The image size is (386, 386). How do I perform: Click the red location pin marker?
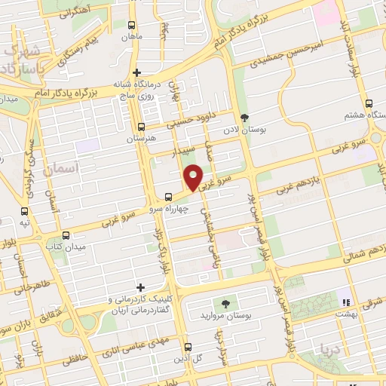pyautogui.click(x=195, y=176)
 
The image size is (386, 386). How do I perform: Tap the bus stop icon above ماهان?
pyautogui.click(x=132, y=24)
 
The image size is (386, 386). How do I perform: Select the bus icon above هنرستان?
pyautogui.click(x=142, y=127)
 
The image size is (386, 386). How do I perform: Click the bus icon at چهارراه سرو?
pyautogui.click(x=167, y=198)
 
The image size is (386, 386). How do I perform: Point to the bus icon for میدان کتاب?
pyautogui.click(x=66, y=235)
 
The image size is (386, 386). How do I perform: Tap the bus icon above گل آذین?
pyautogui.click(x=188, y=348)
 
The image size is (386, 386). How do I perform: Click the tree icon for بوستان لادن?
pyautogui.click(x=244, y=117)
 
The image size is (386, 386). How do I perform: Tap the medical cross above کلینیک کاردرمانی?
pyautogui.click(x=140, y=287)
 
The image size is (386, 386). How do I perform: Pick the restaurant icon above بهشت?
pyautogui.click(x=347, y=292)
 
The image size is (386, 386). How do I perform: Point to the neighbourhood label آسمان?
pyautogui.click(x=60, y=171)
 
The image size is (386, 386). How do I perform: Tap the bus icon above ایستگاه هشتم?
pyautogui.click(x=368, y=104)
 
